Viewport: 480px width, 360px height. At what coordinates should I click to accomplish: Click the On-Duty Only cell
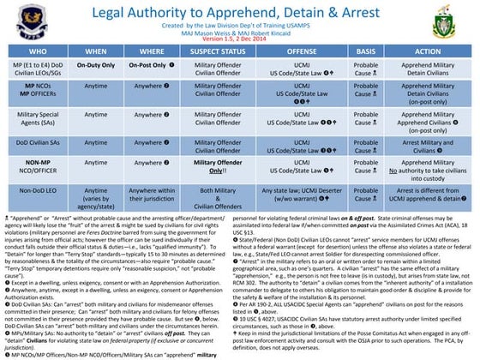pyautogui.click(x=97, y=68)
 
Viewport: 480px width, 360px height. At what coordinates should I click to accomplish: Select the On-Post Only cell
pyautogui.click(x=155, y=68)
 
